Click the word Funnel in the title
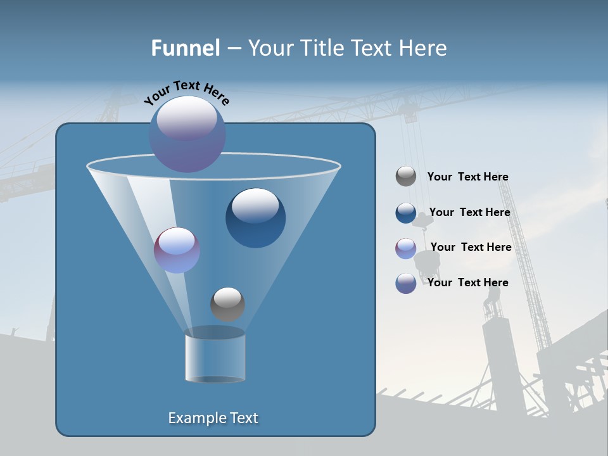tap(185, 48)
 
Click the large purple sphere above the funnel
tap(187, 134)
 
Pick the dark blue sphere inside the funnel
tap(255, 218)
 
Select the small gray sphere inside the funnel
tap(227, 304)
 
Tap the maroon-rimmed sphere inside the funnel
tap(177, 250)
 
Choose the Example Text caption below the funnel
tap(213, 418)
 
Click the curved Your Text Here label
tap(187, 91)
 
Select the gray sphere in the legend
tap(406, 177)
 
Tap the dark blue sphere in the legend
tap(406, 213)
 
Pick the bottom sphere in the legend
tap(406, 283)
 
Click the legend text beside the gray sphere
tap(467, 177)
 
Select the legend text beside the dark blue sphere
tap(469, 212)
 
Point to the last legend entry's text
tap(467, 282)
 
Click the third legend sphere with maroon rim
tap(406, 248)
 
